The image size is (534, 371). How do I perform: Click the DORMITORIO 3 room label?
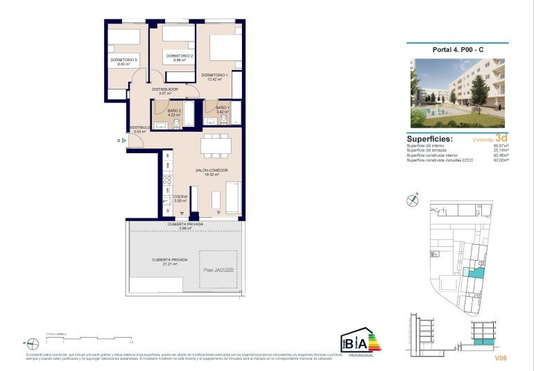pyautogui.click(x=124, y=60)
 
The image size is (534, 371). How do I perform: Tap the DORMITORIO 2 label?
pyautogui.click(x=178, y=55)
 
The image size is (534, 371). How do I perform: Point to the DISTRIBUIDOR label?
pyautogui.click(x=166, y=89)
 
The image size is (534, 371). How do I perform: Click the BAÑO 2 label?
pyautogui.click(x=174, y=110)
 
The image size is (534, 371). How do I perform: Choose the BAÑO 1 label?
pyautogui.click(x=222, y=108)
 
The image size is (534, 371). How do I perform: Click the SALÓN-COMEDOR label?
pyautogui.click(x=212, y=170)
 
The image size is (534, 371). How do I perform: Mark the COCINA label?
pyautogui.click(x=180, y=197)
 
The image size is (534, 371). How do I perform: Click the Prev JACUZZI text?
pyautogui.click(x=217, y=269)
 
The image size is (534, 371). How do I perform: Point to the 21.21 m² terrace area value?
pyautogui.click(x=165, y=264)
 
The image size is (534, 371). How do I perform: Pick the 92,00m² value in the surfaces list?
pyautogui.click(x=500, y=161)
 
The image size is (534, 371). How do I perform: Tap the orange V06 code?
pyautogui.click(x=501, y=358)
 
